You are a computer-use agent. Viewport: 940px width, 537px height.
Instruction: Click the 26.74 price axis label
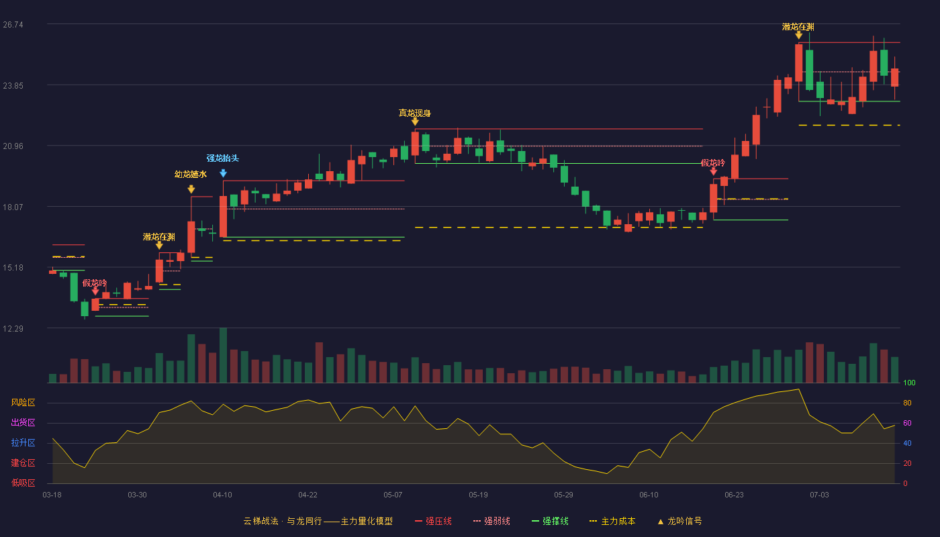(13, 25)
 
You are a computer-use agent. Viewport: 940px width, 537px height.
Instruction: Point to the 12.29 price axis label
(13, 328)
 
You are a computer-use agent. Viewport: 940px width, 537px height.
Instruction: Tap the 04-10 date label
(222, 495)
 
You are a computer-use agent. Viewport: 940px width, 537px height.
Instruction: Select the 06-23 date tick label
(734, 495)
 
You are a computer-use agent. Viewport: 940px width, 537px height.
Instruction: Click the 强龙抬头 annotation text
(222, 158)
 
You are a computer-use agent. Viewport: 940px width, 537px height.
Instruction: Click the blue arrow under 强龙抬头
(223, 173)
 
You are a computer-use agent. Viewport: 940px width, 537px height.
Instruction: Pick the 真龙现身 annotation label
(415, 113)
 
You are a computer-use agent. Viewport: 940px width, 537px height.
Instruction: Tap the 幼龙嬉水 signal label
(191, 174)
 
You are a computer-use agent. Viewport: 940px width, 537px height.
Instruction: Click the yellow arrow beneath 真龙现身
(415, 121)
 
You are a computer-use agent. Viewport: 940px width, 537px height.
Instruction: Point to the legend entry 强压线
(433, 521)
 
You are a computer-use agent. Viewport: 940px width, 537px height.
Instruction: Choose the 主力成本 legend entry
(612, 521)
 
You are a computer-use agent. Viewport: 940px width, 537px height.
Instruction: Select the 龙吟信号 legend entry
(679, 521)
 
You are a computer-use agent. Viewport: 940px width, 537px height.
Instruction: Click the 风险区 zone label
(23, 402)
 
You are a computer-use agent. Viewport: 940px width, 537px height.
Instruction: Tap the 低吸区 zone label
(23, 483)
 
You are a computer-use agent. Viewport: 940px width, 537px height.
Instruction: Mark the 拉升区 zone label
(23, 442)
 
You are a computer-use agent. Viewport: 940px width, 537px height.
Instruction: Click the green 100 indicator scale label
(909, 383)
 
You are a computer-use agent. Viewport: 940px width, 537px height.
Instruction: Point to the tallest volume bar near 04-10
(223, 355)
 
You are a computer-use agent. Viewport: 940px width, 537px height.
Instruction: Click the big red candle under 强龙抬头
(223, 216)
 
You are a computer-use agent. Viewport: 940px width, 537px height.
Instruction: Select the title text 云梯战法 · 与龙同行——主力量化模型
(318, 521)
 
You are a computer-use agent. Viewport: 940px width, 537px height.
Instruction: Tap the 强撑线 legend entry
(550, 521)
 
